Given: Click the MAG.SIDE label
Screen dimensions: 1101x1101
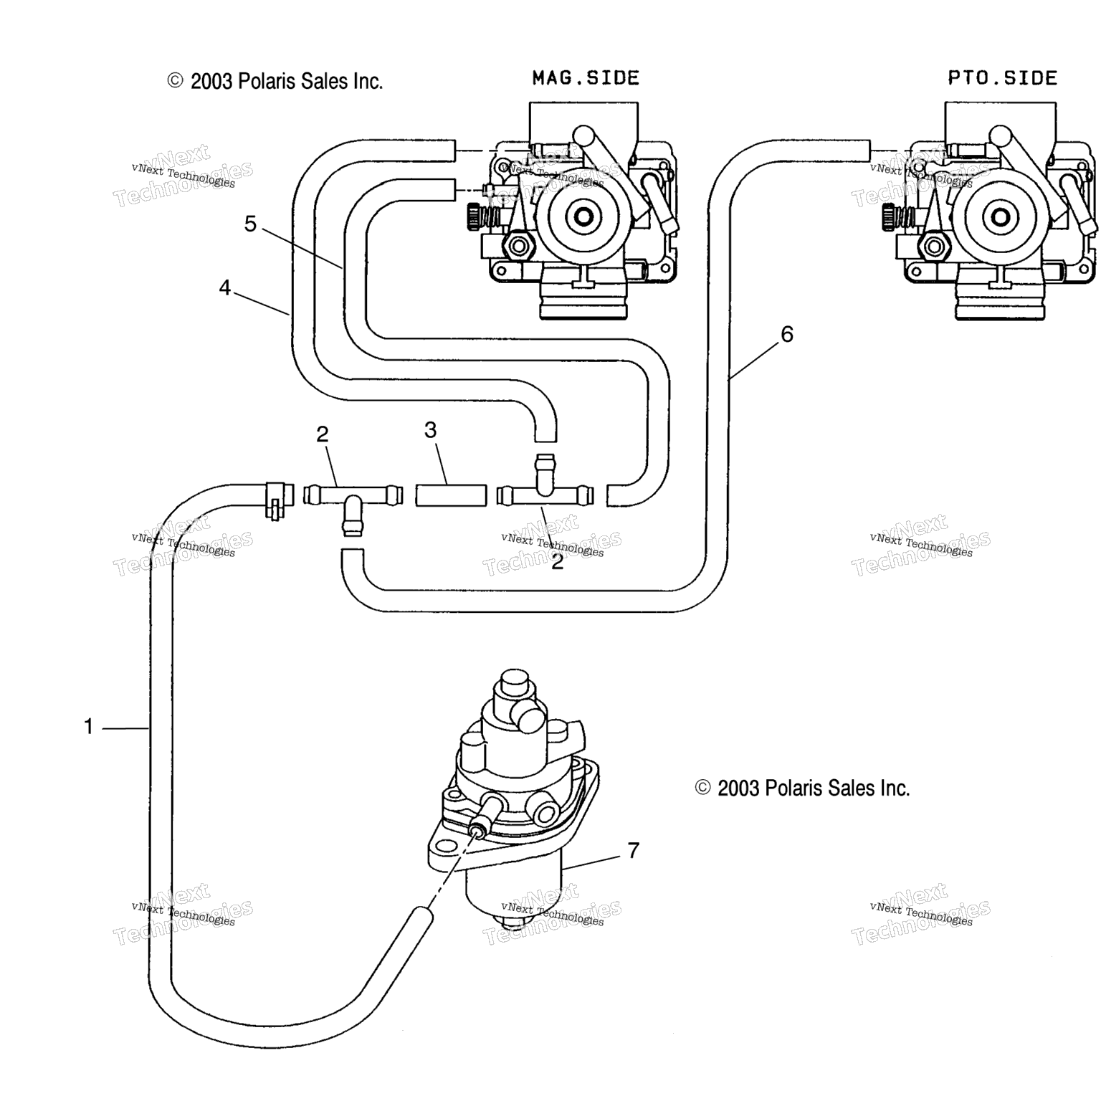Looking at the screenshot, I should pos(586,77).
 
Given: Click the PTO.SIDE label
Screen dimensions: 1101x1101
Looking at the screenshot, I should pos(1002,77).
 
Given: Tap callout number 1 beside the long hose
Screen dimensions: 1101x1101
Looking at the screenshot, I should pos(88,727).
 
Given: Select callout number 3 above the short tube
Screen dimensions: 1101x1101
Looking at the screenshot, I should pos(430,430).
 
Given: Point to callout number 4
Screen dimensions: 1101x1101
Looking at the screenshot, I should pos(225,288).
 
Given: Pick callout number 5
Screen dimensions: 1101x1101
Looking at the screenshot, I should pos(250,224).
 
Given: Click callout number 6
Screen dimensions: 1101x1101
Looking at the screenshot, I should pos(787,334).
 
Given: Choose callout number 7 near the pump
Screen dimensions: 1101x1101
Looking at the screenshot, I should pos(633,851).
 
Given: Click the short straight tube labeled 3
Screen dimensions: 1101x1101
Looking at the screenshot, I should pos(451,495).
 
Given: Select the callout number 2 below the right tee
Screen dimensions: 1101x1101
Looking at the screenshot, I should pos(557,562).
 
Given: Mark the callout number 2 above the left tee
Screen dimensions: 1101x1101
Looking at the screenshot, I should pos(323,434).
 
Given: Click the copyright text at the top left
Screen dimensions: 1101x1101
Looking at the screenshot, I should pos(275,81).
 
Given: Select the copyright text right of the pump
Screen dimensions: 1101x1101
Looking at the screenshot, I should pos(802,788).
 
